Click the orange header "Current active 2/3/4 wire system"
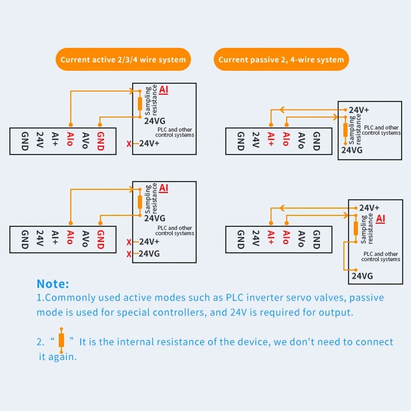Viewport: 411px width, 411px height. [123, 60]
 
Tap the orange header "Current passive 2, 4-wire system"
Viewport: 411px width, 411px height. [281, 60]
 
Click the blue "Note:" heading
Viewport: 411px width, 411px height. [53, 284]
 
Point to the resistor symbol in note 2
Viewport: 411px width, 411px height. [62, 340]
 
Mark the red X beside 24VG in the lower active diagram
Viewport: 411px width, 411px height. [129, 254]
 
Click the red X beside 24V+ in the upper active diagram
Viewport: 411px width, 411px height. [129, 144]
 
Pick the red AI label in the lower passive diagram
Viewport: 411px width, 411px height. [381, 218]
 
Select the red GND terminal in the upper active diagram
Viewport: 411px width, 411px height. [100, 141]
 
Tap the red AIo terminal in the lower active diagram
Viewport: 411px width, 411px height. [70, 240]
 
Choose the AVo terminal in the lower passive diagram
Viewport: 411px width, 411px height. [301, 240]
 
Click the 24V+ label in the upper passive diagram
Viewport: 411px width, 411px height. [359, 110]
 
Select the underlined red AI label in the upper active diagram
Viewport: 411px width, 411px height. [164, 90]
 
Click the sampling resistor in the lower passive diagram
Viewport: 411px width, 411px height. [356, 228]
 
